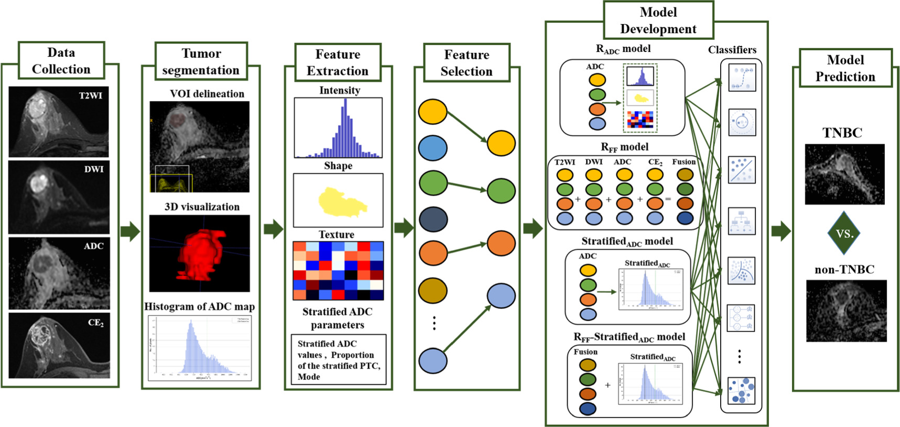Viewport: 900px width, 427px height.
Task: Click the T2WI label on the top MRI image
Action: click(90, 95)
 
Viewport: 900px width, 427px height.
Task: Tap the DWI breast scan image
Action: click(59, 197)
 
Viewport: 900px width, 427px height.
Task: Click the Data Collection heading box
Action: click(61, 61)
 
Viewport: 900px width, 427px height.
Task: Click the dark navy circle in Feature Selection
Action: click(433, 219)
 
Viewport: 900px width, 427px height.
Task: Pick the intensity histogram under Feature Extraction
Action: click(338, 127)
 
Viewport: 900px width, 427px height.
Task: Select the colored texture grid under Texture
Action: click(338, 271)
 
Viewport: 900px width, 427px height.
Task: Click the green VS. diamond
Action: click(844, 233)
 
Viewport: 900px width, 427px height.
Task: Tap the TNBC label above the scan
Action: click(842, 133)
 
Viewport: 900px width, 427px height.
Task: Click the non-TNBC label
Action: click(844, 270)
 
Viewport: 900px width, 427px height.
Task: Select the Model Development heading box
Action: click(658, 20)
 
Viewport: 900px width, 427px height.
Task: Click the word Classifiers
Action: click(732, 50)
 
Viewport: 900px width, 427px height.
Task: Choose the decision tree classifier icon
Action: click(742, 221)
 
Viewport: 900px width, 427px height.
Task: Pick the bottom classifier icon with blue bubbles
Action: click(742, 391)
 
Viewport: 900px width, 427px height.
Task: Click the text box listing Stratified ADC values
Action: click(339, 360)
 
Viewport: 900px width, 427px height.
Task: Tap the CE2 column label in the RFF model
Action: click(655, 162)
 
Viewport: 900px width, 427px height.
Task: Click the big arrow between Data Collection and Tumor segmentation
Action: click(130, 231)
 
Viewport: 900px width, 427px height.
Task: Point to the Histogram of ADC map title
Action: click(200, 307)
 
